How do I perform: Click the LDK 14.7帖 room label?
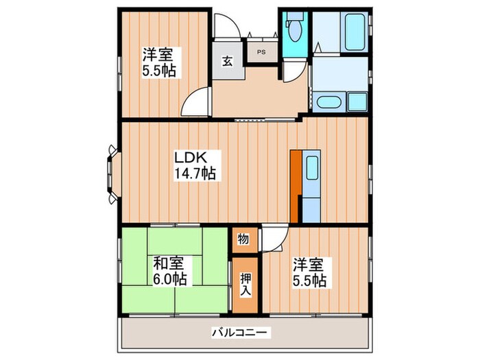[x=195, y=165]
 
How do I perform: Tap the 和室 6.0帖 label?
[x=169, y=271]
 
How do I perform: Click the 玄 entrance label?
[x=227, y=62]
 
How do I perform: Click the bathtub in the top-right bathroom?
[x=355, y=32]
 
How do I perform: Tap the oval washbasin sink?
[x=328, y=102]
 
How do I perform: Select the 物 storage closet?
[x=245, y=240]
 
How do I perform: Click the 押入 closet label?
[x=245, y=285]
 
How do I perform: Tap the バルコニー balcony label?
[x=241, y=332]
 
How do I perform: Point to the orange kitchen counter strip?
[x=295, y=186]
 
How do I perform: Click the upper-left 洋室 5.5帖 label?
[x=159, y=62]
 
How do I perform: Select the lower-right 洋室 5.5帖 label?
[x=309, y=272]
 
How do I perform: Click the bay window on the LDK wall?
[x=113, y=174]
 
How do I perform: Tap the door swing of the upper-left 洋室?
[x=195, y=101]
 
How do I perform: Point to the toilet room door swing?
[x=295, y=71]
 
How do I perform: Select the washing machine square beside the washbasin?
[x=357, y=101]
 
